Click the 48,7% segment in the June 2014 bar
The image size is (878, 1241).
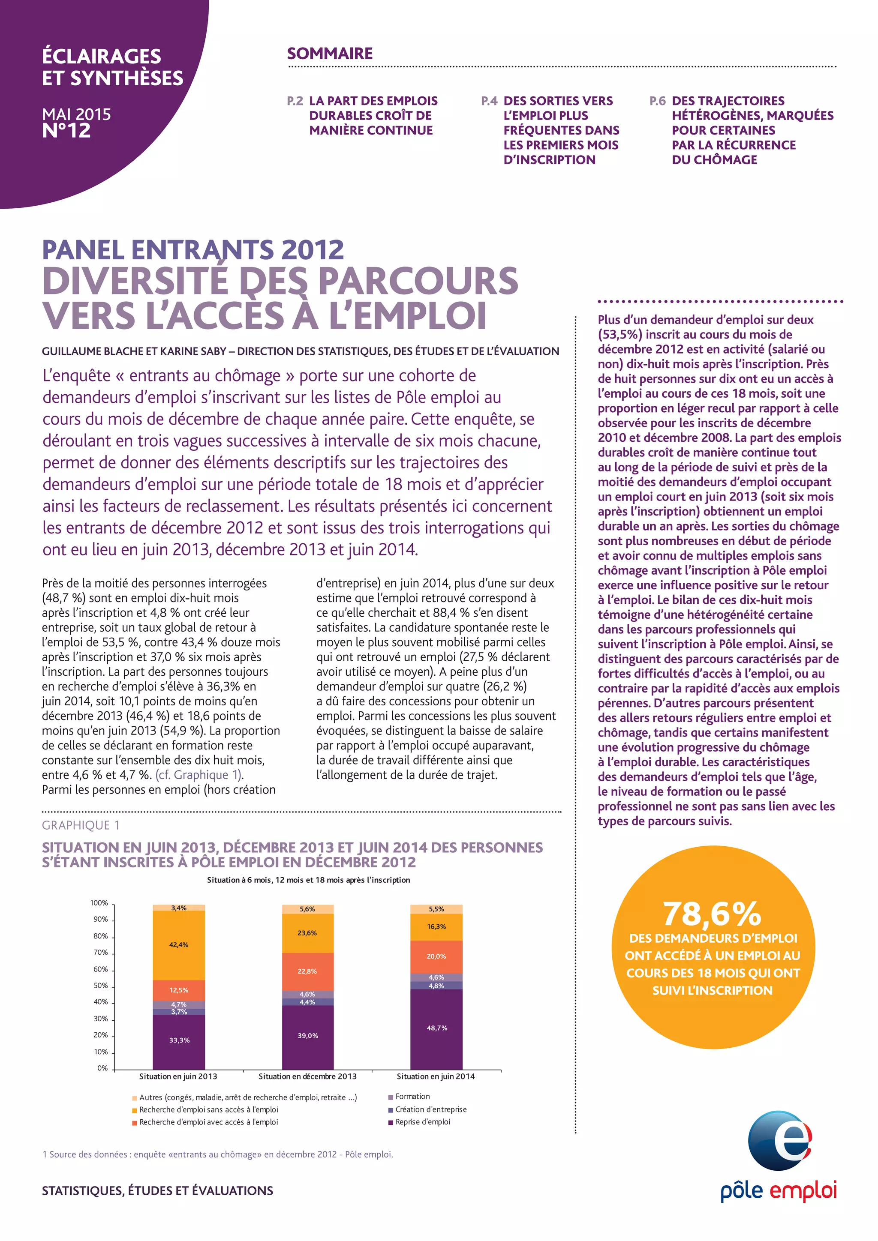coord(436,1028)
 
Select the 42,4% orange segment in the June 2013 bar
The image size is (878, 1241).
coord(178,945)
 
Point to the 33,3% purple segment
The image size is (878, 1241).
coord(179,1040)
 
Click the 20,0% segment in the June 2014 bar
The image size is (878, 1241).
coord(436,956)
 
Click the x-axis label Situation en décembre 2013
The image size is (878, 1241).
coord(307,1076)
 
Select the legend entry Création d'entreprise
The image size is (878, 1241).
coord(430,1109)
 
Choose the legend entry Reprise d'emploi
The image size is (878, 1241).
coord(422,1121)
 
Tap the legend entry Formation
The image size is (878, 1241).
coord(412,1096)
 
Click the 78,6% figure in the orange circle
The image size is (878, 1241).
coord(712,914)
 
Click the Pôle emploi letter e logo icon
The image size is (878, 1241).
coord(779,1140)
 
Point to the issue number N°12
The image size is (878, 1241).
coord(66,130)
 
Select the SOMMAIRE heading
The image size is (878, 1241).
coord(330,54)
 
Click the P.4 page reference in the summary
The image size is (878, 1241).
coord(489,101)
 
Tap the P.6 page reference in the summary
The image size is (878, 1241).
coord(657,101)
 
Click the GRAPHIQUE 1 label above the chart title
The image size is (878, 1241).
coord(81,825)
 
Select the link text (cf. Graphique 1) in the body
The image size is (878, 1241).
coord(199,774)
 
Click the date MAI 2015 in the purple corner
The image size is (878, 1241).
coord(76,114)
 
